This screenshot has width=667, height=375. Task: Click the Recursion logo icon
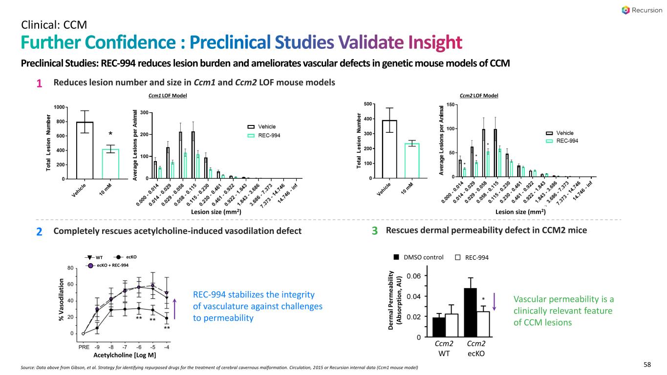click(626, 10)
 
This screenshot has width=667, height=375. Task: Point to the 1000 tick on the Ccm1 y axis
click(59, 107)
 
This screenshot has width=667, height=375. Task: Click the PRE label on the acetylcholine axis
click(84, 347)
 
